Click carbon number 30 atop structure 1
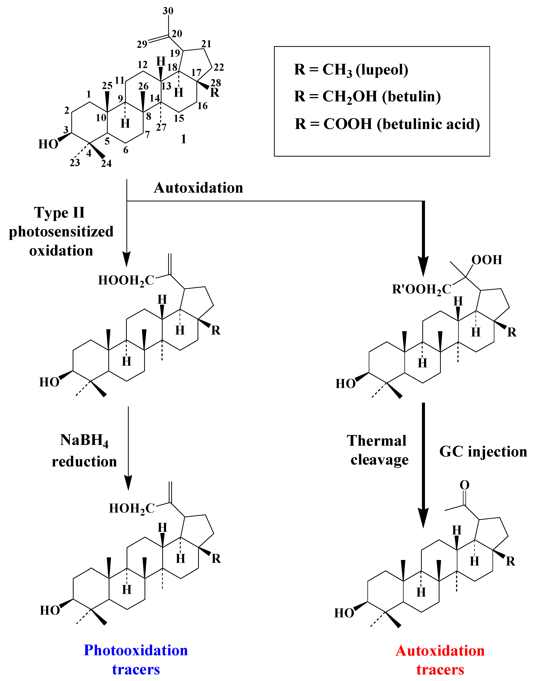[x=168, y=11]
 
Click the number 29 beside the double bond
[x=142, y=44]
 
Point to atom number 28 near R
[x=216, y=83]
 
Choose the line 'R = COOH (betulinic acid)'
[x=387, y=124]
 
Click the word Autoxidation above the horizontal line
[x=198, y=188]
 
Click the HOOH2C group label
[x=126, y=281]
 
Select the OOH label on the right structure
[x=486, y=260]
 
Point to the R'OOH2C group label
[x=421, y=289]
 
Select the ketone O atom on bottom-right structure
[x=464, y=485]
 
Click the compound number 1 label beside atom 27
[x=184, y=139]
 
